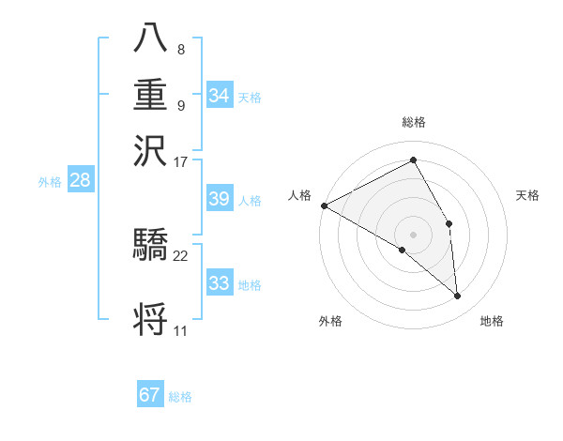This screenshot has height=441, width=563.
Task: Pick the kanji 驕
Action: [x=150, y=247]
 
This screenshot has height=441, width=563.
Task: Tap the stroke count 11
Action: [x=180, y=331]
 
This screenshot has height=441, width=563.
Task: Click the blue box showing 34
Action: [x=219, y=95]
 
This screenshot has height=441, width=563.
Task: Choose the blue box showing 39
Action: [x=219, y=199]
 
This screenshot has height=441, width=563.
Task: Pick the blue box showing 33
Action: [x=219, y=283]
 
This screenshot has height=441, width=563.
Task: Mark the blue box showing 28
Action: [x=80, y=181]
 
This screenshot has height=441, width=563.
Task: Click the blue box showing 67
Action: [x=150, y=395]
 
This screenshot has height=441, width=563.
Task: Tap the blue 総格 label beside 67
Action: [x=180, y=397]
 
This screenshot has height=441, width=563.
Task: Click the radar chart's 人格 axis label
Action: [x=299, y=195]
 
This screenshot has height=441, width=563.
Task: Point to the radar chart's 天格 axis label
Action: [x=527, y=195]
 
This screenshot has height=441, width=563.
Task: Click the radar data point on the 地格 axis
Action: [x=458, y=297]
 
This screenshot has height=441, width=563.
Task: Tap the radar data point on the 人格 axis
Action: [x=324, y=205]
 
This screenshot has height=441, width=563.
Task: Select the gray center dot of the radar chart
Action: [x=413, y=235]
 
